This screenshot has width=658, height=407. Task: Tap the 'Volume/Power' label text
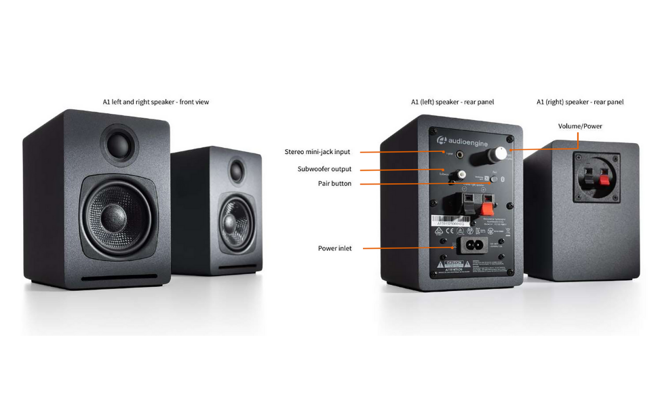[580, 126]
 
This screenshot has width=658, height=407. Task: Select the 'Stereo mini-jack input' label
[317, 152]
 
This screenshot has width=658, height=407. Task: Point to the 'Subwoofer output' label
[324, 169]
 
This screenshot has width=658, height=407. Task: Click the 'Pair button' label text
[334, 184]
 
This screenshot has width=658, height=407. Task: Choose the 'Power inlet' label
[334, 248]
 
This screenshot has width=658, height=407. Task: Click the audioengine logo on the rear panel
[463, 140]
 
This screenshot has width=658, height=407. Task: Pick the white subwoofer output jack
[461, 174]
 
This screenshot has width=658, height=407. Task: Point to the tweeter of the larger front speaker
[119, 144]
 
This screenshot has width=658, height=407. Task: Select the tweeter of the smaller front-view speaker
[236, 170]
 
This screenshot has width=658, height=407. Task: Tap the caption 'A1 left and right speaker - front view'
[156, 102]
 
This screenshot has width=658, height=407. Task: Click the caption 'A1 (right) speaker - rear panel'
[579, 102]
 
